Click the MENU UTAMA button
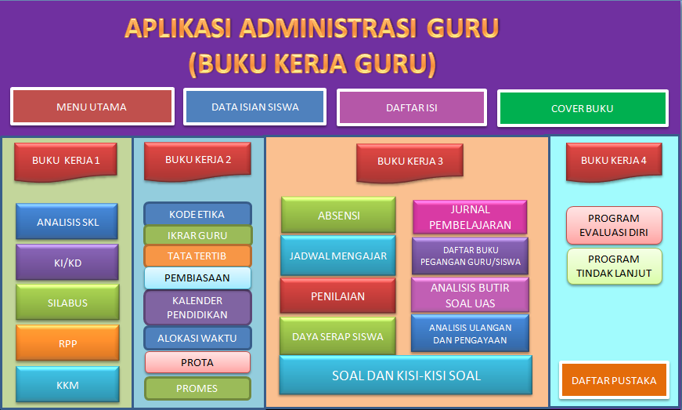click(x=92, y=107)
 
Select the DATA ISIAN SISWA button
click(x=254, y=107)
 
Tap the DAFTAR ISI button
click(x=412, y=108)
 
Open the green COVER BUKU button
click(x=583, y=109)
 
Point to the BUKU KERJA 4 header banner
click(x=614, y=161)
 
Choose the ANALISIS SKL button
click(x=67, y=222)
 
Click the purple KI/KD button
click(x=67, y=263)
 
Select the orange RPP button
click(x=67, y=343)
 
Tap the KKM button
click(x=67, y=385)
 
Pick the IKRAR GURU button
click(x=197, y=235)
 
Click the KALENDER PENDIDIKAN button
click(x=197, y=307)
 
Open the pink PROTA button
click(x=197, y=362)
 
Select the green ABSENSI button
click(x=338, y=216)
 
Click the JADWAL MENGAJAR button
click(x=338, y=256)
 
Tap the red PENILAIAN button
click(x=338, y=296)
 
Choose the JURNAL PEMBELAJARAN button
click(x=470, y=217)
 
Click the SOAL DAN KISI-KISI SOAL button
click(x=406, y=376)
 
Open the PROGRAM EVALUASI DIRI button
click(x=614, y=226)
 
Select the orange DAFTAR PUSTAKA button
click(x=614, y=381)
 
